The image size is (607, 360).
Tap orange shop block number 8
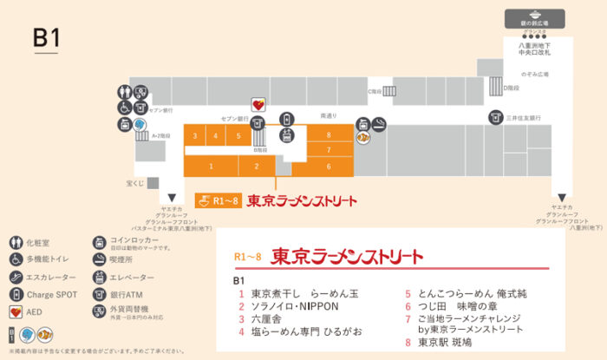(329, 134)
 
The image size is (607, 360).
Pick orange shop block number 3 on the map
(196, 136)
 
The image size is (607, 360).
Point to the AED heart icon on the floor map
(258, 102)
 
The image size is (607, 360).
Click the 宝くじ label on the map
(134, 183)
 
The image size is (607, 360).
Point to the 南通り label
(329, 115)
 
